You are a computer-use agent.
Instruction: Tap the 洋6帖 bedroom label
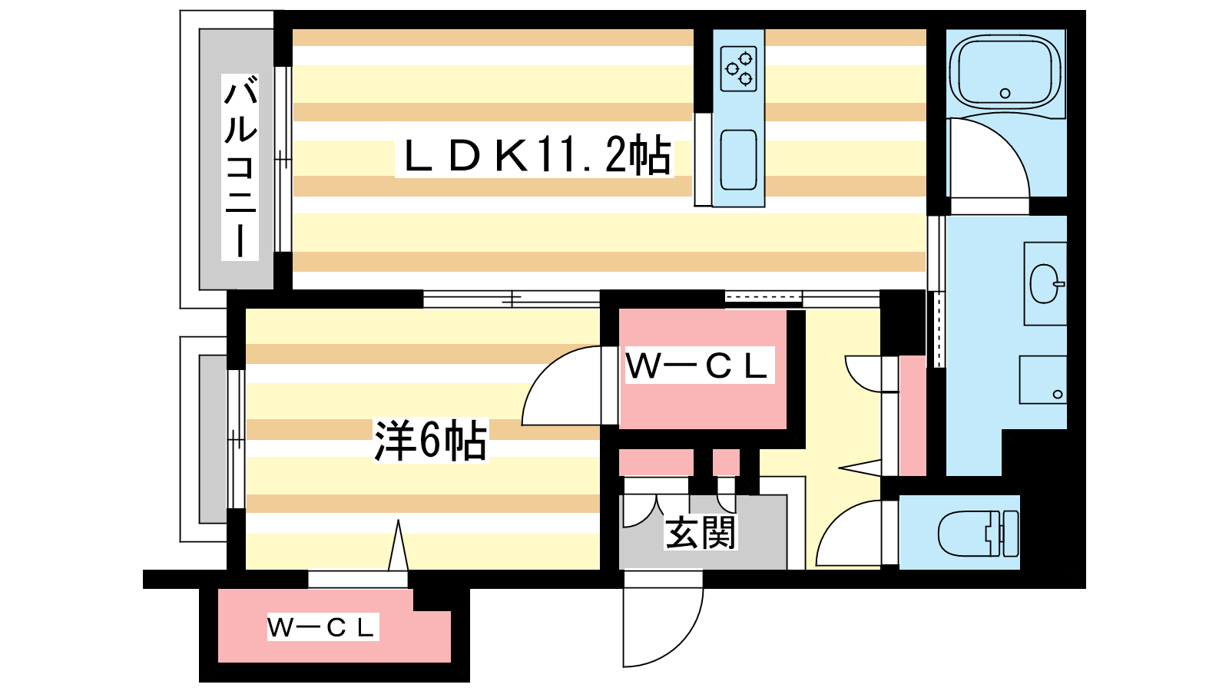(x=431, y=441)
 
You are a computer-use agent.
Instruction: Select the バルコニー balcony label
(x=240, y=168)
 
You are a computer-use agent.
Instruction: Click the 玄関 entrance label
(x=700, y=533)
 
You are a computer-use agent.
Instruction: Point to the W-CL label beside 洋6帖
(x=697, y=365)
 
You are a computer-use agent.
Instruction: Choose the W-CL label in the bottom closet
(x=322, y=627)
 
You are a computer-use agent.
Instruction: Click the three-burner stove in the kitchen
(x=738, y=68)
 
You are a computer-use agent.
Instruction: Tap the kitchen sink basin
(x=738, y=160)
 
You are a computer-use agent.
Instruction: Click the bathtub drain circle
(x=1005, y=93)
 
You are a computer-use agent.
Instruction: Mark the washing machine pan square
(x=1043, y=379)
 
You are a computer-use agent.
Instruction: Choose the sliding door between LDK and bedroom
(x=512, y=299)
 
